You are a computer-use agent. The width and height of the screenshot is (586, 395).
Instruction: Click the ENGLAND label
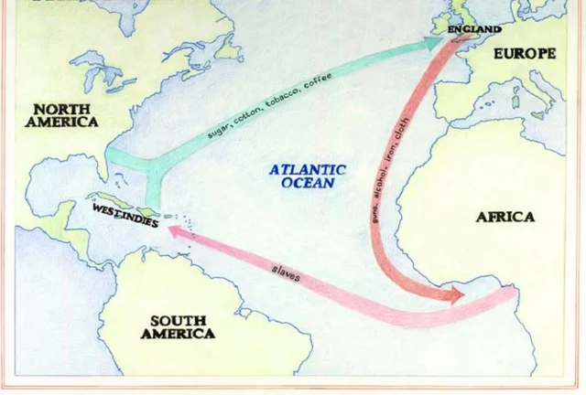[x=475, y=29]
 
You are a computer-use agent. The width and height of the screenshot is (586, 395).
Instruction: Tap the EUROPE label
[x=525, y=54]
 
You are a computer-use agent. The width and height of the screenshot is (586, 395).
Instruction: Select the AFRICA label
[x=505, y=217]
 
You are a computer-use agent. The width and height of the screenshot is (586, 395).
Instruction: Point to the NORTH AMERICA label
[x=60, y=115]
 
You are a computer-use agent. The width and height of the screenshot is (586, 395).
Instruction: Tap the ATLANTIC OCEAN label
[x=308, y=176]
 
